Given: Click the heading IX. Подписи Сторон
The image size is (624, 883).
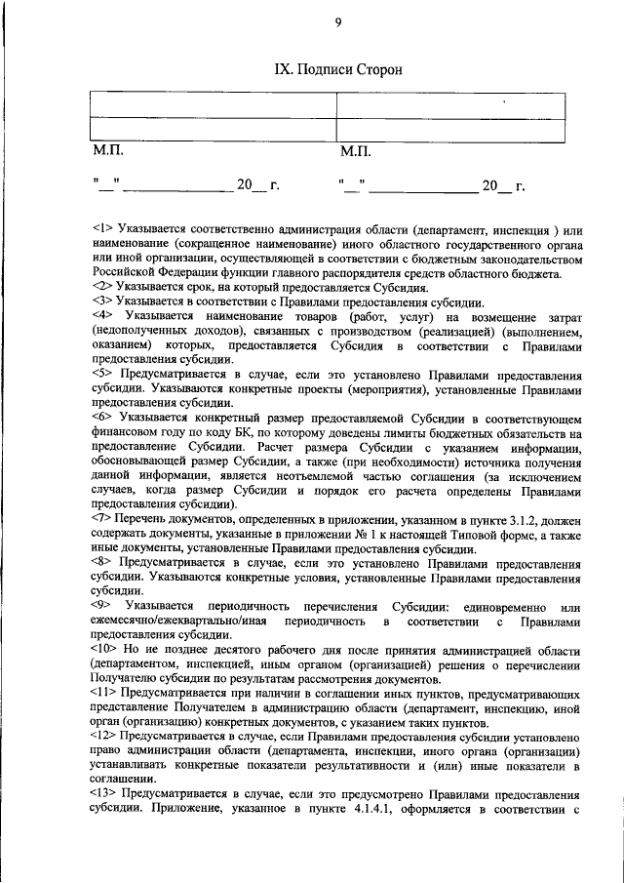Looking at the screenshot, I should coord(336,69).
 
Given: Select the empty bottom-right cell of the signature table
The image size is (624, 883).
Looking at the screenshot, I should coord(450,130).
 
